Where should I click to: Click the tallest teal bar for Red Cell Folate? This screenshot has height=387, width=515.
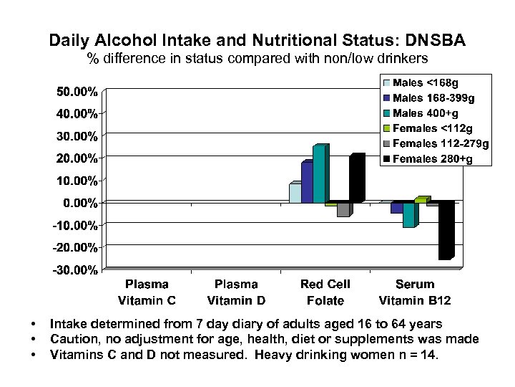pos(319,175)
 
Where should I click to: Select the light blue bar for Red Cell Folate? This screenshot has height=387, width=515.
pos(295,193)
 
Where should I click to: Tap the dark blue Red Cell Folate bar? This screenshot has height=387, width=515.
pos(307,183)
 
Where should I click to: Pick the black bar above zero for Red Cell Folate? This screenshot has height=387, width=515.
pos(355,178)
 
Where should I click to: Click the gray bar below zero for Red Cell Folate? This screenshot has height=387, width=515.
pos(343,209)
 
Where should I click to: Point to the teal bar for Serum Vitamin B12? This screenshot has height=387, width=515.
pos(408,215)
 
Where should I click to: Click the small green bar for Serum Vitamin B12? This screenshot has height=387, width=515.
pos(421,200)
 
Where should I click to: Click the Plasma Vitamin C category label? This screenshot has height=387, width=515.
pos(147,292)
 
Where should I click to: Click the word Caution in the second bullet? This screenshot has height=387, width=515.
pos(74,339)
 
